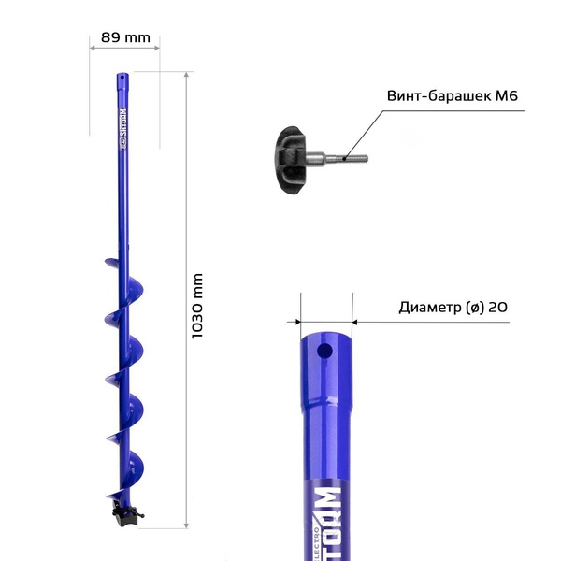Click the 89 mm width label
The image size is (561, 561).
coord(124,37)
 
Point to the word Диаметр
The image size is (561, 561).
coord(429,307)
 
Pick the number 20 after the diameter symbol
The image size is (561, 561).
coord(497,307)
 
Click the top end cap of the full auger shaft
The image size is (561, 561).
coord(122,77)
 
